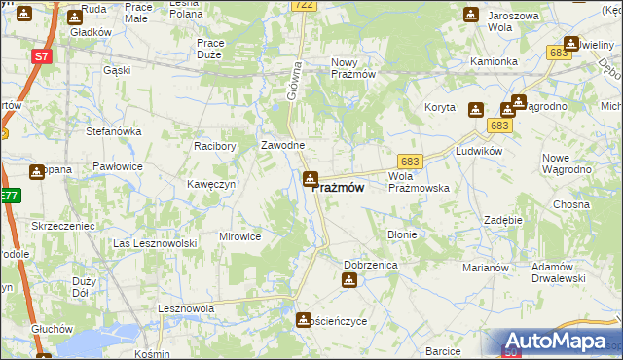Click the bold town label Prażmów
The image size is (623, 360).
pos(339,189)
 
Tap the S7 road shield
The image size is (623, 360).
pos(40,57)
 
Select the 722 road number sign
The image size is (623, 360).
pos(304,6)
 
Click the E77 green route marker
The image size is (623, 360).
pos(9,197)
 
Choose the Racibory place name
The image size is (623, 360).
pos(215,146)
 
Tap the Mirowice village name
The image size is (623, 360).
pos(239,236)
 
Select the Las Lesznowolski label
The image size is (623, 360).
pos(155,243)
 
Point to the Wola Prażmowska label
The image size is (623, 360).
pos(418,182)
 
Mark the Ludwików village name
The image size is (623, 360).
pos(478,152)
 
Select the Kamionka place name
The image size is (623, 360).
pos(494,61)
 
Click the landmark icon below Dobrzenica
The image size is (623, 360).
pos(349,281)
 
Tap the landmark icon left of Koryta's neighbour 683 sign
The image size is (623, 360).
pos(476,110)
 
